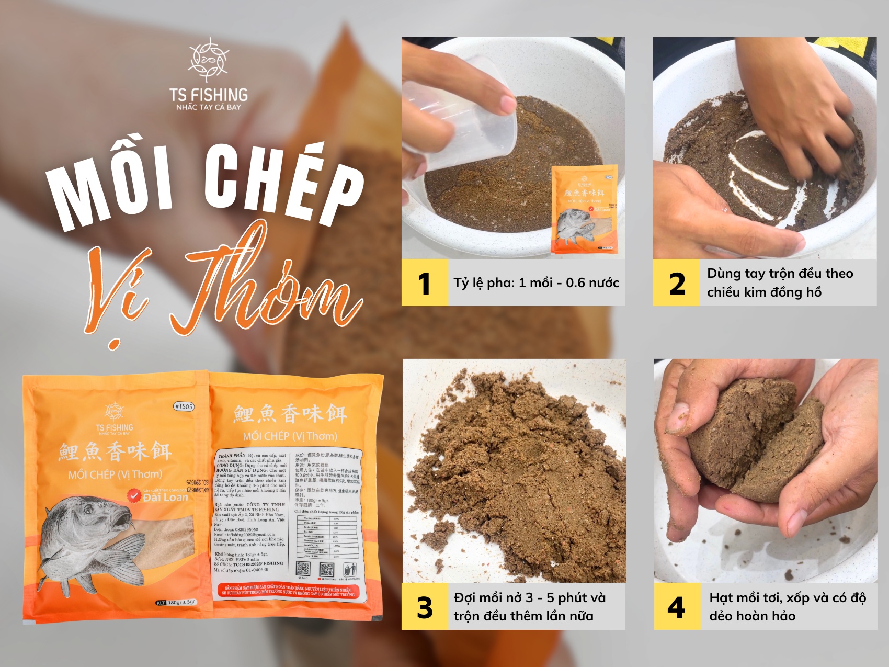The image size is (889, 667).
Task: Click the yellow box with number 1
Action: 425,282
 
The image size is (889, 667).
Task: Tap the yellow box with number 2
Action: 676,282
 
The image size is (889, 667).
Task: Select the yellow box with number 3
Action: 425,606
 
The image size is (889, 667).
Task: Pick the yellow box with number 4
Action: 677,606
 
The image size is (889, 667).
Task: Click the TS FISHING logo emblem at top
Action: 208,60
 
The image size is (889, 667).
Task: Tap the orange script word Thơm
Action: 261,282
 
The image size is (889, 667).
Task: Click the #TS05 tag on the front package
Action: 184,406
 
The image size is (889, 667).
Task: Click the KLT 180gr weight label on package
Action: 176,603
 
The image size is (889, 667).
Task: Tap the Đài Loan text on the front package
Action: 165,497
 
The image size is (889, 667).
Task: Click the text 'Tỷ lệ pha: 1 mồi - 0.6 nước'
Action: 536,283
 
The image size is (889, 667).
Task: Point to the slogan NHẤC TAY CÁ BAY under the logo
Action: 208,107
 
